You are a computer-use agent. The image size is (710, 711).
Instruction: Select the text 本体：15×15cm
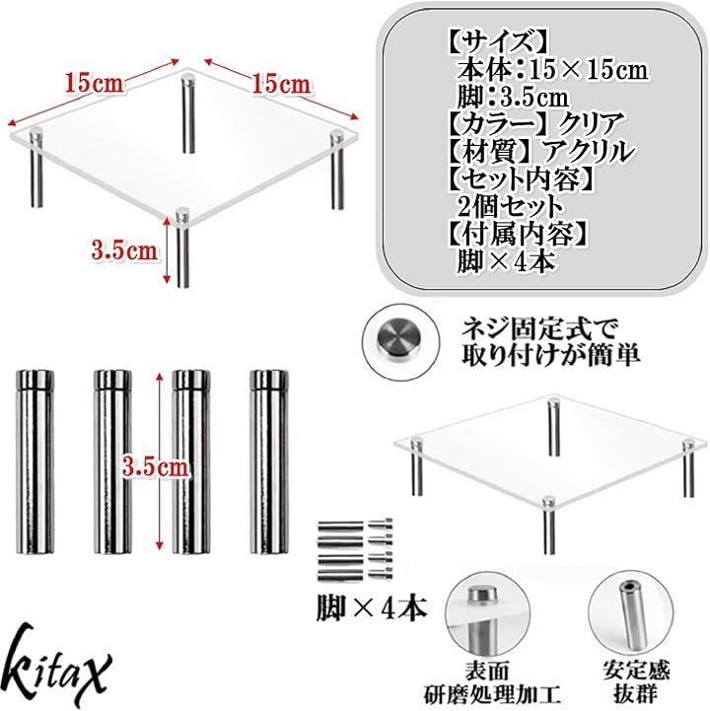(552, 70)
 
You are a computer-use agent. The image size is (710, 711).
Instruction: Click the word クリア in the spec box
(591, 123)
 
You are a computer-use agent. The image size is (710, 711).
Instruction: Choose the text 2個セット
(510, 206)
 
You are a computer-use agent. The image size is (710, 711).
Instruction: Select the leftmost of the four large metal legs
(35, 462)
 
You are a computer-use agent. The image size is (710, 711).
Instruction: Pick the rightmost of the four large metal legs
(269, 462)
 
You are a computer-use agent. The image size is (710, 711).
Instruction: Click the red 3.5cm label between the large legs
(155, 466)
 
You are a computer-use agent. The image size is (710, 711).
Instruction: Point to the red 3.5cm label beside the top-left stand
(124, 250)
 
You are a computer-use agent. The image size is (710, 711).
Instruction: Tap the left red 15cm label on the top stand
(94, 83)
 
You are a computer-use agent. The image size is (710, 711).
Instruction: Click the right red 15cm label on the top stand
(281, 85)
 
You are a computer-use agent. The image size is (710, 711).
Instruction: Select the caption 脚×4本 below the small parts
(372, 608)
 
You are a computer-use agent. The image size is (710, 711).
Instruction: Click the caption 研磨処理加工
(492, 694)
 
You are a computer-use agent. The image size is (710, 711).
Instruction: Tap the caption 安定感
(636, 670)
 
